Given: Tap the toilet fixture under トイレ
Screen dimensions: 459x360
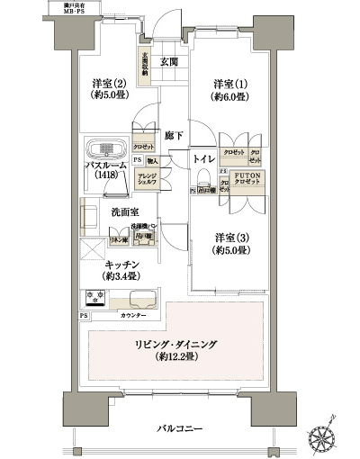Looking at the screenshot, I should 204,173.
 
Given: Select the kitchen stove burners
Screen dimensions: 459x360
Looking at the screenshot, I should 96,297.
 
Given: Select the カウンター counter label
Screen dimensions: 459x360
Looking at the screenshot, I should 134,316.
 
